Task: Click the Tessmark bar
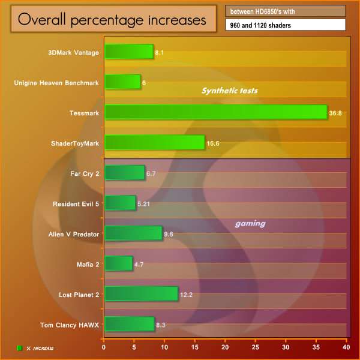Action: tap(216, 112)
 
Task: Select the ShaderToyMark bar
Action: tap(154, 142)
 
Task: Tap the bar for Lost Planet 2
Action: tap(141, 293)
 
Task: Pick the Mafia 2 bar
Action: tap(118, 263)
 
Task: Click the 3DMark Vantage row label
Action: tap(74, 52)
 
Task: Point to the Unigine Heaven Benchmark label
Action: tap(56, 83)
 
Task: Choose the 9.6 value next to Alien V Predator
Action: tap(169, 234)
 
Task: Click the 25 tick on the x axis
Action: tap(256, 347)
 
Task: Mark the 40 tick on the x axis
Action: tap(346, 347)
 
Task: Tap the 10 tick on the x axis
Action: tap(164, 347)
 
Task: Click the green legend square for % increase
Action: tap(19, 347)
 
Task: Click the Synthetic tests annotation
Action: tap(230, 91)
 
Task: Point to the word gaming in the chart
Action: tap(250, 223)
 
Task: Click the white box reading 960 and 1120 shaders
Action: tap(286, 25)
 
